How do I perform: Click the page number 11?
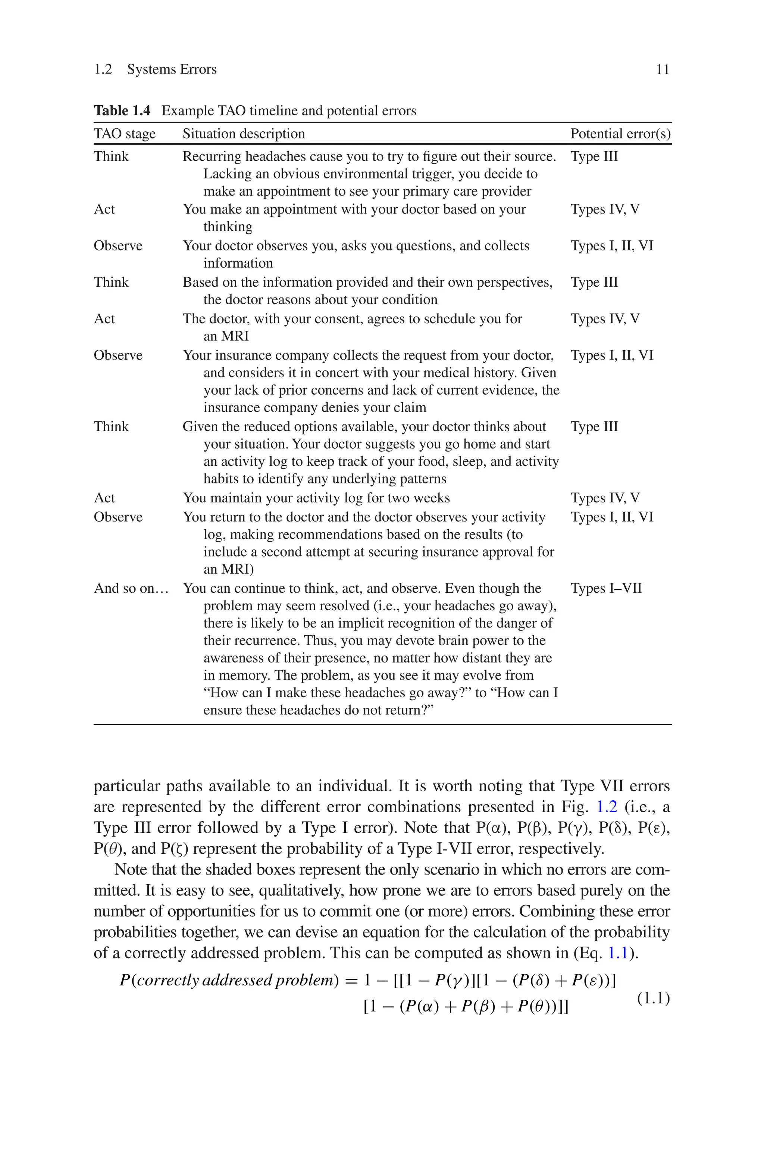tap(662, 70)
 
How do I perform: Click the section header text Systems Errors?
tap(172, 70)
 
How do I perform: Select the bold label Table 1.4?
tap(122, 110)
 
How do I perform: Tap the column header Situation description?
tap(244, 134)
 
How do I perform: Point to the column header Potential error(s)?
tap(620, 134)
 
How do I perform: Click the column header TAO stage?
tap(125, 134)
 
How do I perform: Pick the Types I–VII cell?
tap(606, 588)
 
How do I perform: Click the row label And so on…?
tap(131, 588)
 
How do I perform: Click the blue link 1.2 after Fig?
tap(607, 807)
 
